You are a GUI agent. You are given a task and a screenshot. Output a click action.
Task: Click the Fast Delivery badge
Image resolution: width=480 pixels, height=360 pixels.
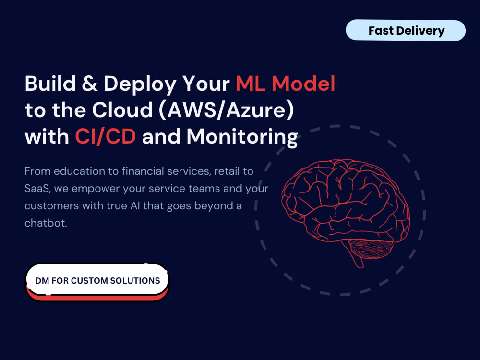pos(406,31)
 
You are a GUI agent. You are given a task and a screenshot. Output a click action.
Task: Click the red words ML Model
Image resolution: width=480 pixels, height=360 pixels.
pos(285,83)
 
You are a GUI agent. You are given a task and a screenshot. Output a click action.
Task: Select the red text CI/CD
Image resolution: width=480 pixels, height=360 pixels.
pos(106,136)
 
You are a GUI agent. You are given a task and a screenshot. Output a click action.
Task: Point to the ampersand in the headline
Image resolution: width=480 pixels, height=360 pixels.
pos(89,83)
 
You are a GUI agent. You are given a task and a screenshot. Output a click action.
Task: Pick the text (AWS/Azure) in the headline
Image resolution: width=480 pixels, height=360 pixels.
pos(227,110)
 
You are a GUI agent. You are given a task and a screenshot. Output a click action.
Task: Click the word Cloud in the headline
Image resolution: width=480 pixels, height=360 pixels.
pos(122,109)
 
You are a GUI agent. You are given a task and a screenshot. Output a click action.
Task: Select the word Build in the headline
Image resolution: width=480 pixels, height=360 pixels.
pos(50,83)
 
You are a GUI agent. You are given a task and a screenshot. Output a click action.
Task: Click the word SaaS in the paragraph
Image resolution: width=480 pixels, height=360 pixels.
pos(37,189)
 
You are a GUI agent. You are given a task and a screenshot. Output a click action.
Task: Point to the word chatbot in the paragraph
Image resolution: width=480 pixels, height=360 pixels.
pos(46,223)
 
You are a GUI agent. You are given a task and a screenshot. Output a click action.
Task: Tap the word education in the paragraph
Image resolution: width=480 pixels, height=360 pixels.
pos(80,171)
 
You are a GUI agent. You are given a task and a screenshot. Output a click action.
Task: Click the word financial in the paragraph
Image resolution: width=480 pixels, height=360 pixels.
pos(143,171)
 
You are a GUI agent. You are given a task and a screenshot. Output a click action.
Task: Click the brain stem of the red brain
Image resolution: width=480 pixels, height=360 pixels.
pos(357,259)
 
